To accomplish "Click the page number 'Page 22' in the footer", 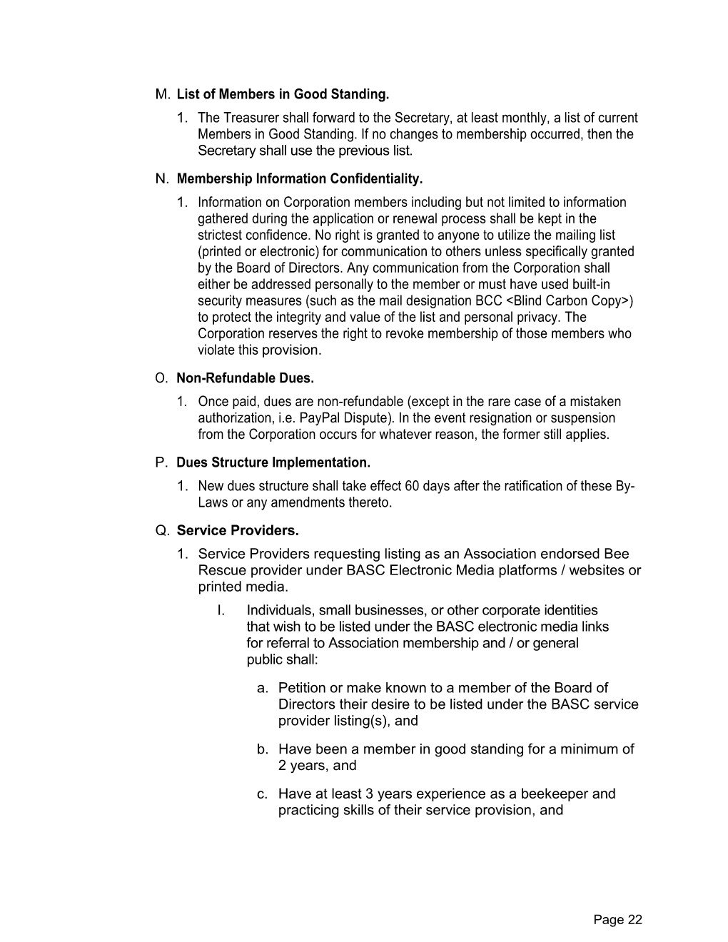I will (x=617, y=920).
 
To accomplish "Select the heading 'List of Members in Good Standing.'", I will (x=283, y=94).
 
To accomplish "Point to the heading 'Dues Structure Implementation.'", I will (x=273, y=462).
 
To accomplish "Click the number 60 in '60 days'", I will (x=412, y=486).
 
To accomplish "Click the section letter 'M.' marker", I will (x=163, y=94).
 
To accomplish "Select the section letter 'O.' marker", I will (x=161, y=378).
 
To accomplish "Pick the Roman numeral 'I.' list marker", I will (x=221, y=610).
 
